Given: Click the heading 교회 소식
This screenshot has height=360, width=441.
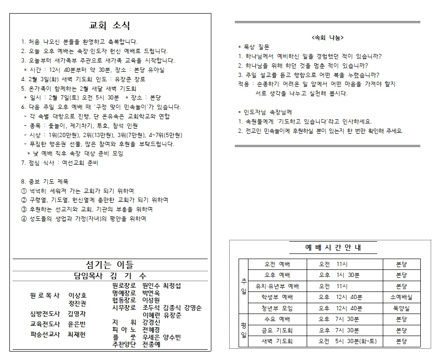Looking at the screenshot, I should point(109,25).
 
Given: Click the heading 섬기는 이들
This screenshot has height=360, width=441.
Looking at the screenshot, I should point(110,264).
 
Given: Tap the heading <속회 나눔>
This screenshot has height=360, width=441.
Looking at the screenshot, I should point(328,37).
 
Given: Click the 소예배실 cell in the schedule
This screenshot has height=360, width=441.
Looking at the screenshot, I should point(401,297).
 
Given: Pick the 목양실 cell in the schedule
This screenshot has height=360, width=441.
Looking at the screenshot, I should point(401,308).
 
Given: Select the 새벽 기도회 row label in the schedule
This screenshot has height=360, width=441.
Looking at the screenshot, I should point(277,342).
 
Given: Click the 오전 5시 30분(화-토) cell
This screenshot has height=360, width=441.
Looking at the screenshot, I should point(345,342).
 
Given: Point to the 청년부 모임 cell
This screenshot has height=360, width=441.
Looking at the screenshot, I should point(277,308).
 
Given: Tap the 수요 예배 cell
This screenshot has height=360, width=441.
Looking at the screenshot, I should point(277,320).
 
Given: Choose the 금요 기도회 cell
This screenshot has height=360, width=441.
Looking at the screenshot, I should point(277,330).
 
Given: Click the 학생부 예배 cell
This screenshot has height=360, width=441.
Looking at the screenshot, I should point(277,297).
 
